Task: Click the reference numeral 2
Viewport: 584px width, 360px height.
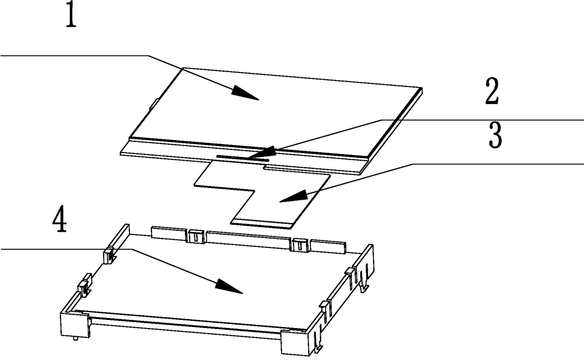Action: (x=492, y=91)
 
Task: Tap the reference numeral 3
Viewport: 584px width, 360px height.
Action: (x=495, y=135)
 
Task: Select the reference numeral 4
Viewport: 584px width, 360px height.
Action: (x=60, y=219)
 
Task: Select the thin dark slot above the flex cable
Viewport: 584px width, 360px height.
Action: (x=243, y=157)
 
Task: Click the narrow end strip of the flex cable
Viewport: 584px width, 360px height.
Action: (x=264, y=224)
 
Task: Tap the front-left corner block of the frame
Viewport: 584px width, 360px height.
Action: (x=75, y=325)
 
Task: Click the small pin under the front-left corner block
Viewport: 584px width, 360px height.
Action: (x=75, y=339)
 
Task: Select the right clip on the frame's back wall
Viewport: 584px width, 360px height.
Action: (x=300, y=245)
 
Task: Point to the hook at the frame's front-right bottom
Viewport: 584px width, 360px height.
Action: (x=318, y=349)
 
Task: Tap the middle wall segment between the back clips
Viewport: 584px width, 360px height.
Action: (x=248, y=240)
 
